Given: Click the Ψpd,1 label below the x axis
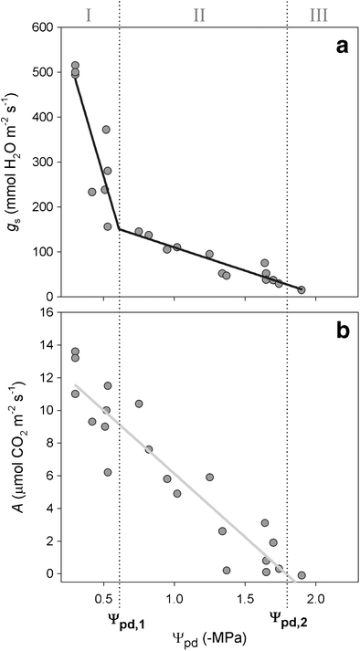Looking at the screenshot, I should click(120, 618).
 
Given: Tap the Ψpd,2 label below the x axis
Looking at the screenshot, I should click(287, 618).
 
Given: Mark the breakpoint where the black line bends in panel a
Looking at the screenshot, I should click(120, 228).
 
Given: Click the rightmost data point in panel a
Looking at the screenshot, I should click(302, 289).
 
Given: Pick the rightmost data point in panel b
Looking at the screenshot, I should click(302, 575).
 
